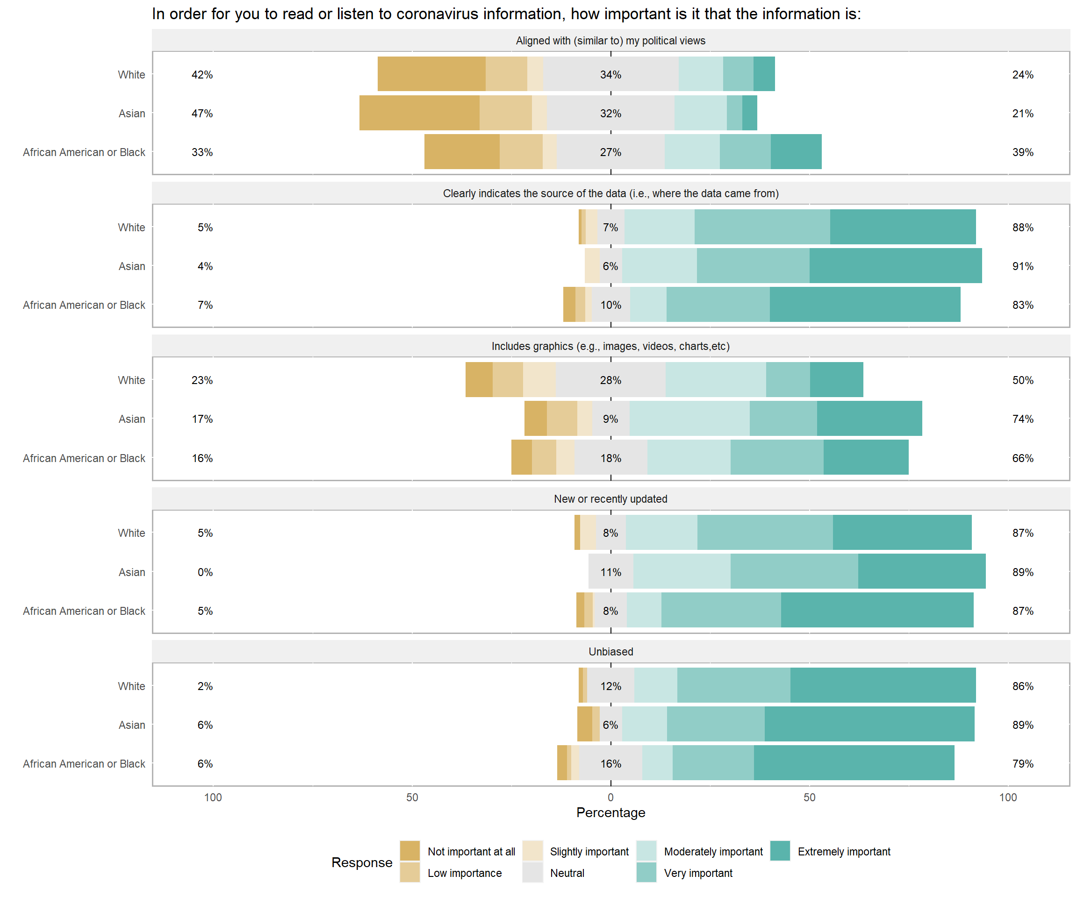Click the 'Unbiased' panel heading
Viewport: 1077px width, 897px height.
(610, 651)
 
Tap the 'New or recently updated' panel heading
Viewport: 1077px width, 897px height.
(610, 499)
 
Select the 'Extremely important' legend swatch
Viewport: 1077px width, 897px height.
(780, 851)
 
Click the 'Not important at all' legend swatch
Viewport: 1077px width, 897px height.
(410, 851)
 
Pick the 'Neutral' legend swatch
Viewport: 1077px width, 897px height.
(532, 872)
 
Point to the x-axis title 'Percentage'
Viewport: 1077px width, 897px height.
(610, 812)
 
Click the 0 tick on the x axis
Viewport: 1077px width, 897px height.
(610, 797)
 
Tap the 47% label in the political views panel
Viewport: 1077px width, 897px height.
(202, 113)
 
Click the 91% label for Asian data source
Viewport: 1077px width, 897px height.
(1023, 266)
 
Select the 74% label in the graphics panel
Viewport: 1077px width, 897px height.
(1023, 419)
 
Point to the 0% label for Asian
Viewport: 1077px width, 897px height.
(205, 572)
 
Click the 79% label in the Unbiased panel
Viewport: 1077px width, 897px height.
(1023, 764)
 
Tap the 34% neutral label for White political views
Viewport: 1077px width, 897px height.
(610, 75)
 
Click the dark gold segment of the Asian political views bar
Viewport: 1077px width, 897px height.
(419, 113)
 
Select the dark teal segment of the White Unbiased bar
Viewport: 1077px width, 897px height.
(883, 685)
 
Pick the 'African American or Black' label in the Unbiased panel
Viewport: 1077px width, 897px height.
(84, 764)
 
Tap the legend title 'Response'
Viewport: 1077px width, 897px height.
(361, 862)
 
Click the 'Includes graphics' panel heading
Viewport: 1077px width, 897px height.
(610, 346)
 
